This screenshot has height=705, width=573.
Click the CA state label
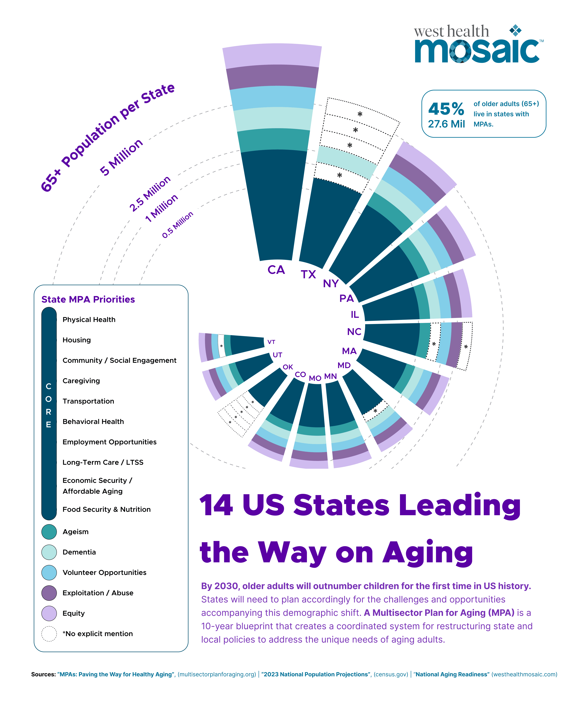coord(276,270)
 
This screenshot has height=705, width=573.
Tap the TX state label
coord(308,274)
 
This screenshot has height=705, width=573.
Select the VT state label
coord(271,342)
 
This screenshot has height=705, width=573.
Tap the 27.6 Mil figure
coord(446,124)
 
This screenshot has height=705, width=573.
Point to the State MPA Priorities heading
coord(88,299)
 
